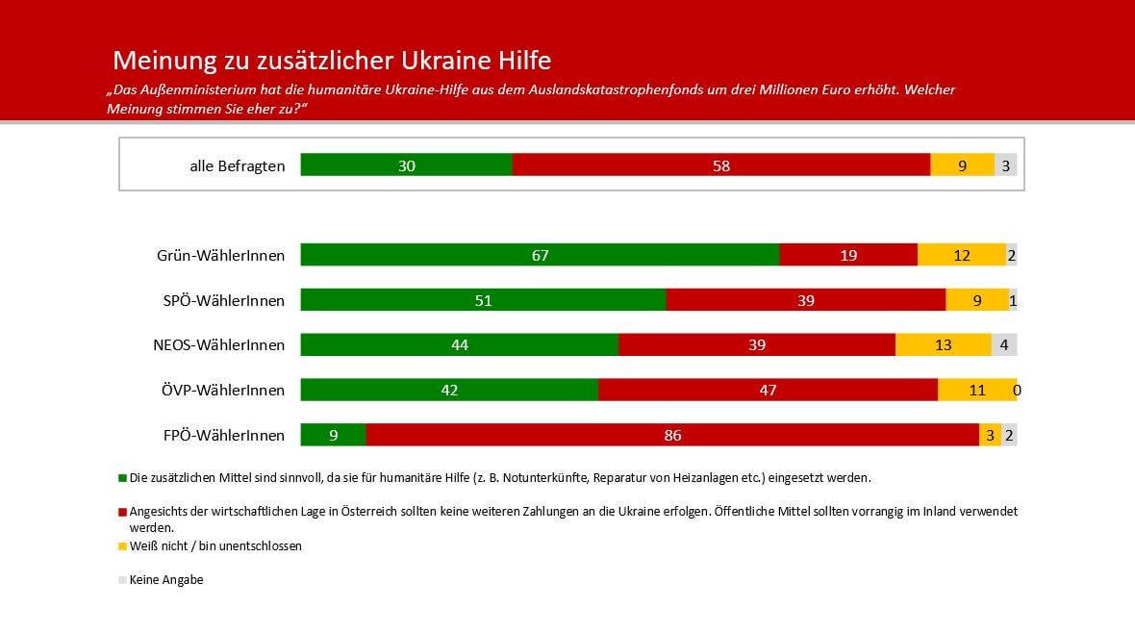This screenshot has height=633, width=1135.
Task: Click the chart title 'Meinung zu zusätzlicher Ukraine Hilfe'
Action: point(332,61)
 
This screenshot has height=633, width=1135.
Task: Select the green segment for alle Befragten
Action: point(406,165)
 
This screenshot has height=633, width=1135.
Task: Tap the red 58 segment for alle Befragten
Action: point(721,165)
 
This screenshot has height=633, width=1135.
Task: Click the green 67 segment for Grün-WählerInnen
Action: point(540,255)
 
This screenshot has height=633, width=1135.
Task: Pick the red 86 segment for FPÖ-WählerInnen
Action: point(672,436)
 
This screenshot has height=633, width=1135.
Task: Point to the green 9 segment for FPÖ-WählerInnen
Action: point(333,436)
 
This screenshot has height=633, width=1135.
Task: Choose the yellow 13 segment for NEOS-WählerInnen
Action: point(943,345)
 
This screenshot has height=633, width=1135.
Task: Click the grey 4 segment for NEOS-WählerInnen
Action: point(1004,345)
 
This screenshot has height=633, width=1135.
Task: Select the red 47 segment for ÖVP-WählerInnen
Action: point(767,391)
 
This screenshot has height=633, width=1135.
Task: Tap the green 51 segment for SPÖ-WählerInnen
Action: point(483,300)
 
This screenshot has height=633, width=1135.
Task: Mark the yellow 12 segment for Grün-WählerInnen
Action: point(961,255)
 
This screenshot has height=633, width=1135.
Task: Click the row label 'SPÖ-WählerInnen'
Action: point(224,300)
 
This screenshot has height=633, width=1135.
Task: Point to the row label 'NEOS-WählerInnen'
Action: point(220,345)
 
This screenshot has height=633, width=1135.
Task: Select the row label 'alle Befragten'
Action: point(238,165)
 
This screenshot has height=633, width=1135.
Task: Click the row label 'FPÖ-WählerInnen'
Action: point(224,436)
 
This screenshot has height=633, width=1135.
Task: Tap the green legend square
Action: point(122,477)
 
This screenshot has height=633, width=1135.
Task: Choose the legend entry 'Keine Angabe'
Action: point(166,580)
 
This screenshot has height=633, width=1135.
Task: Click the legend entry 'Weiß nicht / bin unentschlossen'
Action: point(215,545)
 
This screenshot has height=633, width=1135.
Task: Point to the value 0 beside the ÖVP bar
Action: point(1017,391)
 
